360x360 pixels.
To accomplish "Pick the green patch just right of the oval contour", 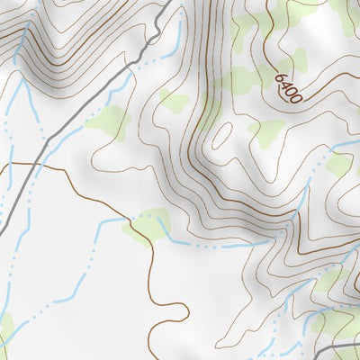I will point(266,133).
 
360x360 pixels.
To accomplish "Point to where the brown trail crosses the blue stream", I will point(133,219).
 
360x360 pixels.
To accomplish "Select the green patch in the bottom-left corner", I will point(4,328).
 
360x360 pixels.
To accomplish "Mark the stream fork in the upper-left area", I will point(20,90).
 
